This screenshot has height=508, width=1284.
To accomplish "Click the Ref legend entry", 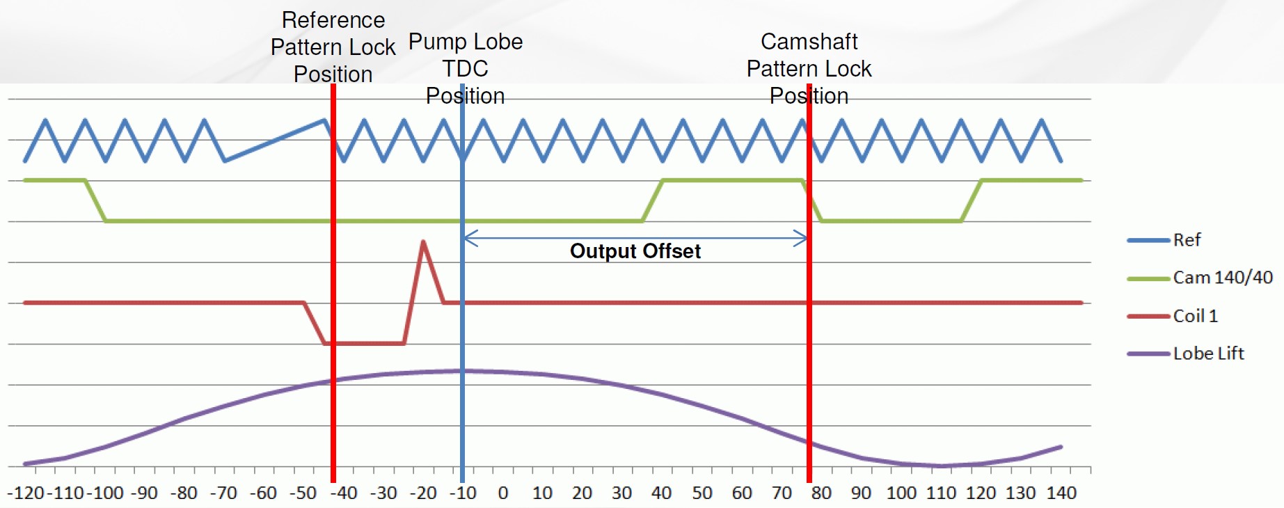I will [1186, 240].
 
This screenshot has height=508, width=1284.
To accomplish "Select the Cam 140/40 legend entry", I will [1222, 278].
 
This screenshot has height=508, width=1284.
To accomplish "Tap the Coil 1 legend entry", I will [1195, 316].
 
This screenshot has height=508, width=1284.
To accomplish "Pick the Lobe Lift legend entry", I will [1208, 354].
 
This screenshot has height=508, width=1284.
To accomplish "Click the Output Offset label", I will [635, 251].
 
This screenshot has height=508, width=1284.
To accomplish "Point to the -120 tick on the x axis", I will [26, 493].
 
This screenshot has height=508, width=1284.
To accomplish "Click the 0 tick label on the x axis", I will [502, 493].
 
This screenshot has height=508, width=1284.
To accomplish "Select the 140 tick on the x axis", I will [1061, 493].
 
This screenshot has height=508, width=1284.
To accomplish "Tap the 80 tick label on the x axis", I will [821, 493].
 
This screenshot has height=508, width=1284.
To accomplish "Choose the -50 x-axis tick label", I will [303, 493].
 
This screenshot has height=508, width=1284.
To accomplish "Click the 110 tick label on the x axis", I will [941, 493].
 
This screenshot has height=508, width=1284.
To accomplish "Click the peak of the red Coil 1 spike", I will [423, 241].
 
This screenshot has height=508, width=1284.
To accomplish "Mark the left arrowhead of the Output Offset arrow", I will [466, 239].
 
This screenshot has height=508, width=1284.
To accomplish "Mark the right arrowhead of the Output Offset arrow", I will [805, 239].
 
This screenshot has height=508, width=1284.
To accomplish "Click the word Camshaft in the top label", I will [809, 42].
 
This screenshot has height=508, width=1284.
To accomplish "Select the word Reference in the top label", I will [333, 20].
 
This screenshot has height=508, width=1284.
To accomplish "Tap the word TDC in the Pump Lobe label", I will [465, 69].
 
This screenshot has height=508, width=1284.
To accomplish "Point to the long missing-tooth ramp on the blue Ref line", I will [275, 141].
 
